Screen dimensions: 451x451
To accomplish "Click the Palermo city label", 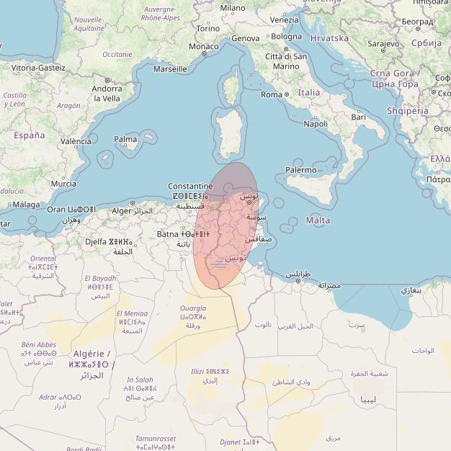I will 300,170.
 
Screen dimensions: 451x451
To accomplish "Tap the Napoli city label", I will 316,124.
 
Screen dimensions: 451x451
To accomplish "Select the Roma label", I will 272,94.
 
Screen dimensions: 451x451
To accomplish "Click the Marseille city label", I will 170,69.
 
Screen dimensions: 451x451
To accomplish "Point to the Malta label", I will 318,220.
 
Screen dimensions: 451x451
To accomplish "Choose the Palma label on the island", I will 125,139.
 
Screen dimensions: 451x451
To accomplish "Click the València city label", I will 76,141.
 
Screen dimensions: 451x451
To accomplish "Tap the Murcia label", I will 63,184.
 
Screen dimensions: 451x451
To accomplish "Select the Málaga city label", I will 27,205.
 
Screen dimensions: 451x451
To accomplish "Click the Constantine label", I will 190,186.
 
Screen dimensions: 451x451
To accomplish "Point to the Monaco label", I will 203,46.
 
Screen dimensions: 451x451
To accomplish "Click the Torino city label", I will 208,28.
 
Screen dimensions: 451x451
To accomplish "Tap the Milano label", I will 233,8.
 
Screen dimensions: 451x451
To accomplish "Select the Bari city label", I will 358,116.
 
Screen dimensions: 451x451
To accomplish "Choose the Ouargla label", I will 193,308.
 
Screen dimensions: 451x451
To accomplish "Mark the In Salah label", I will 140,380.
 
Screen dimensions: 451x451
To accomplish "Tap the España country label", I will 29,135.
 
